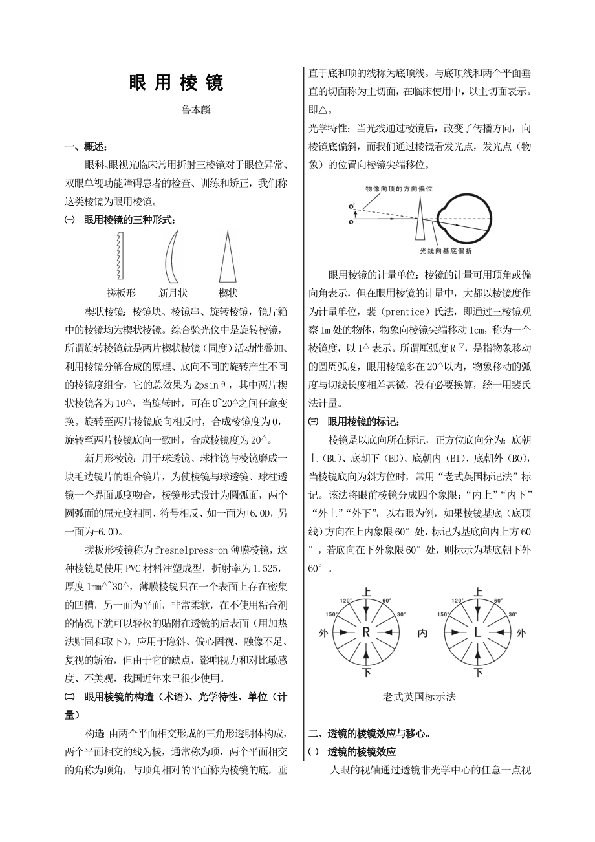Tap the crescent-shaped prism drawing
(x=172, y=257)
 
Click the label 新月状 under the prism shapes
(x=173, y=292)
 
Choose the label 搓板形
(x=121, y=292)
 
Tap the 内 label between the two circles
(x=422, y=633)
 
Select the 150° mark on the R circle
(x=332, y=614)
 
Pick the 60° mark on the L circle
(x=499, y=601)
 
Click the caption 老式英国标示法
(x=419, y=696)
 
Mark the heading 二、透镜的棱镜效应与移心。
(x=370, y=733)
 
